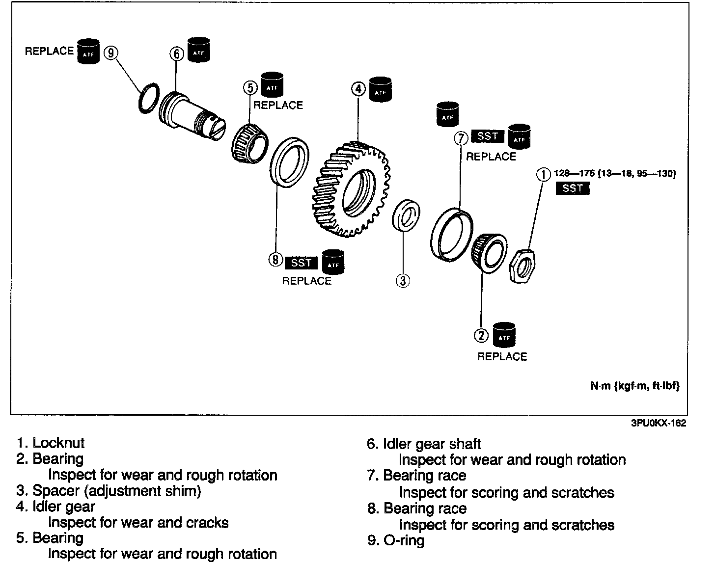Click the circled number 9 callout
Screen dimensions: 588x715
111,53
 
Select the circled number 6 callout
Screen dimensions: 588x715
176,53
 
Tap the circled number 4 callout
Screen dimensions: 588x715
358,89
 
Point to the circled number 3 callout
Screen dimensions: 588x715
402,280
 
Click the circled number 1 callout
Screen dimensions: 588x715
543,174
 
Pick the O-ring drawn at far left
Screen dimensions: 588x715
147,98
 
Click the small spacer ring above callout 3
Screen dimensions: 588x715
406,214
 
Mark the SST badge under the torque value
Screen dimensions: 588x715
572,188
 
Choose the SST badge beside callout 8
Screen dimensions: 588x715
301,263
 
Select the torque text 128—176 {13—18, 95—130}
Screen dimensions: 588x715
615,173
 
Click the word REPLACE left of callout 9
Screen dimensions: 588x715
49,51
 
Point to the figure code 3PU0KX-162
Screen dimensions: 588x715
658,424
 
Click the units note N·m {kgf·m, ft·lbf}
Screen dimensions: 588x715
634,386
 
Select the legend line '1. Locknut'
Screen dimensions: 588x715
51,443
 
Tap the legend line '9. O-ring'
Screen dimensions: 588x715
396,540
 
